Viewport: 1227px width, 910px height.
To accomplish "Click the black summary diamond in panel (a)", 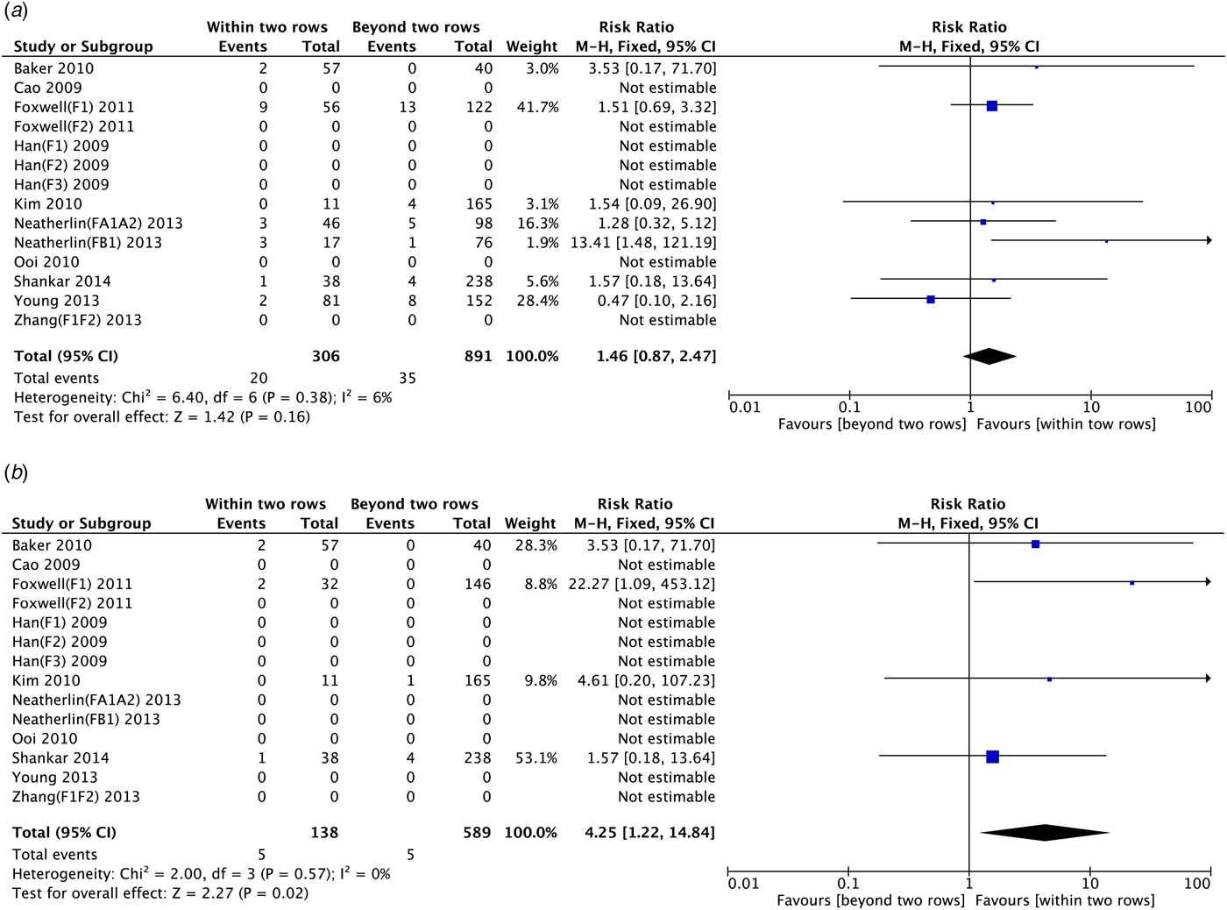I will (989, 357).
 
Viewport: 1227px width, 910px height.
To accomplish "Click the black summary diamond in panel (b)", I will (1045, 833).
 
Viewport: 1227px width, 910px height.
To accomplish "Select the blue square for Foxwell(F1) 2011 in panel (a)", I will (992, 106).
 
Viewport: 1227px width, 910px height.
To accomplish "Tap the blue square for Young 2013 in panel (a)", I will (931, 300).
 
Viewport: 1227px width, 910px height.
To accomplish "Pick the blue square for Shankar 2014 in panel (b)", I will (992, 757).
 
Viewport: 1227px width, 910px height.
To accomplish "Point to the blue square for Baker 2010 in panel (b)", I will (1035, 544).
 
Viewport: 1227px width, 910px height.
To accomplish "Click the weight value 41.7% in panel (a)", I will (538, 107).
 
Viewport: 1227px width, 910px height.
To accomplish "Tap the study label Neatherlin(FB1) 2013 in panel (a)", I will (88, 243).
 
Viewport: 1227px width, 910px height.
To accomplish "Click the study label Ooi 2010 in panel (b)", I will (45, 739).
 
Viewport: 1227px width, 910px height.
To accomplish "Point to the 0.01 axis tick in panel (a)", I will (745, 407).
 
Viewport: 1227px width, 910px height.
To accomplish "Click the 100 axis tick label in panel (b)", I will (1196, 884).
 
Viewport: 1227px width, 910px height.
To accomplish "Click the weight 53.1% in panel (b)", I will (536, 758).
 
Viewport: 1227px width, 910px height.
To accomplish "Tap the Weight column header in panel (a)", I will (532, 46).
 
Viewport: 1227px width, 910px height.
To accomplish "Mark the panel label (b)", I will (16, 473).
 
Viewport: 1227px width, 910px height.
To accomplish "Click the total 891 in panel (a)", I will (479, 356).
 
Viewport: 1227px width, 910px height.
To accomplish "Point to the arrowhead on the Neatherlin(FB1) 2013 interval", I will (1209, 240).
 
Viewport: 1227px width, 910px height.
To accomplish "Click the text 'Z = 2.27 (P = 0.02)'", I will (242, 893).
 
